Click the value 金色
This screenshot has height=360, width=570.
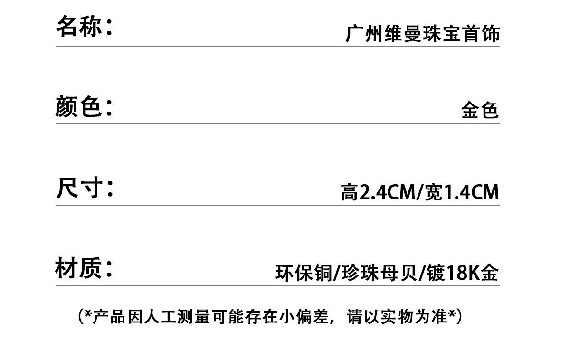tap(480, 111)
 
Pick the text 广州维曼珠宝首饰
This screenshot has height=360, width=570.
tap(422, 34)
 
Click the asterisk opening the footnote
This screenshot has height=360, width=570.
tap(87, 315)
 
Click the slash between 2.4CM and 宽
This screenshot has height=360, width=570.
tap(419, 192)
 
